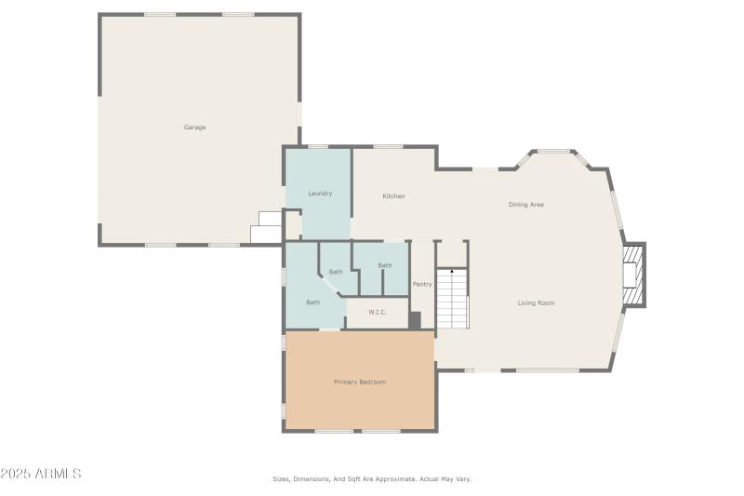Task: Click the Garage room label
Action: pyautogui.click(x=194, y=127)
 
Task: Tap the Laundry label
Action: pyautogui.click(x=320, y=194)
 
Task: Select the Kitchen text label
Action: pyautogui.click(x=393, y=196)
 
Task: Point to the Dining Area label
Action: pyautogui.click(x=525, y=205)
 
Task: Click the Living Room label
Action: pyautogui.click(x=536, y=303)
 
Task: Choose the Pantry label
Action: pyautogui.click(x=422, y=285)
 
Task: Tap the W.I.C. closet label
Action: pyautogui.click(x=378, y=313)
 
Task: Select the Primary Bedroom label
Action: pyautogui.click(x=359, y=382)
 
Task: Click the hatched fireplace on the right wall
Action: pyautogui.click(x=633, y=275)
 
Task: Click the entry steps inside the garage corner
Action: pyautogui.click(x=266, y=227)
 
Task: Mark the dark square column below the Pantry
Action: pyautogui.click(x=415, y=320)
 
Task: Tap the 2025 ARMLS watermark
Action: pyautogui.click(x=41, y=474)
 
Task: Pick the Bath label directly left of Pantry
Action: pyautogui.click(x=384, y=266)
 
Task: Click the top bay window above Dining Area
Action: pyautogui.click(x=553, y=151)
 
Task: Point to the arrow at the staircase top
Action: pyautogui.click(x=452, y=272)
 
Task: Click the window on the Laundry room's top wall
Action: pyautogui.click(x=318, y=147)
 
